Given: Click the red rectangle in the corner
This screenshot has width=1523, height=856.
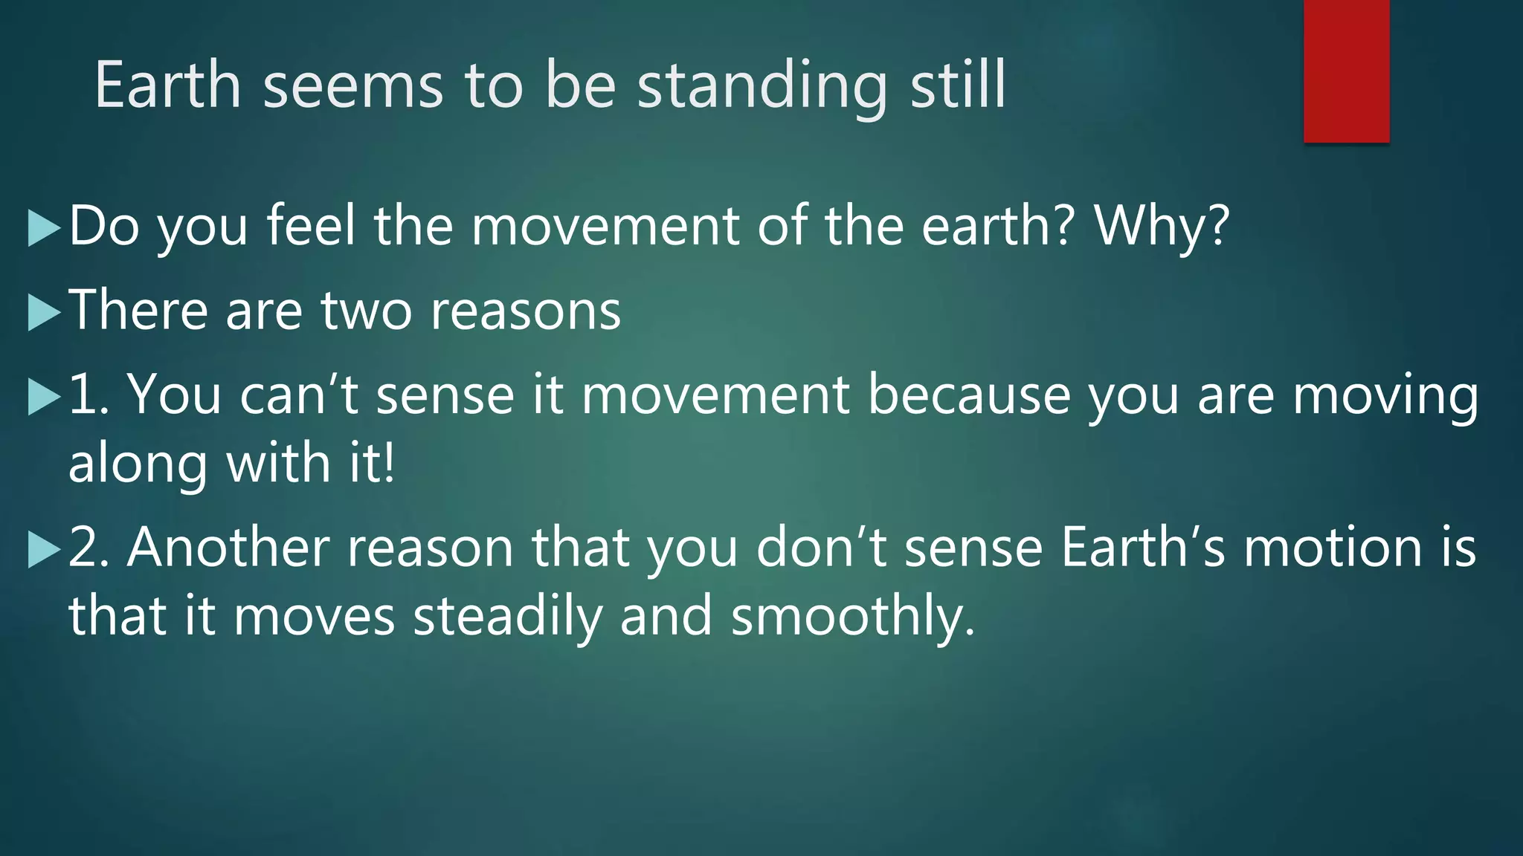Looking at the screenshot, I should tap(1346, 71).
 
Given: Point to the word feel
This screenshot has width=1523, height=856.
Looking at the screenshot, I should tap(311, 226).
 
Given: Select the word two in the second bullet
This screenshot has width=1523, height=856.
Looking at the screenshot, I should tap(367, 311).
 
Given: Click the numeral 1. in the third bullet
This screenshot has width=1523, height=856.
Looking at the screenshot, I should tap(88, 395).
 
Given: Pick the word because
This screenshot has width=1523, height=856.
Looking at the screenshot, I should tap(969, 395).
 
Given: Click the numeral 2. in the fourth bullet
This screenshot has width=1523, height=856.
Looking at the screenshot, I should tap(88, 548).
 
